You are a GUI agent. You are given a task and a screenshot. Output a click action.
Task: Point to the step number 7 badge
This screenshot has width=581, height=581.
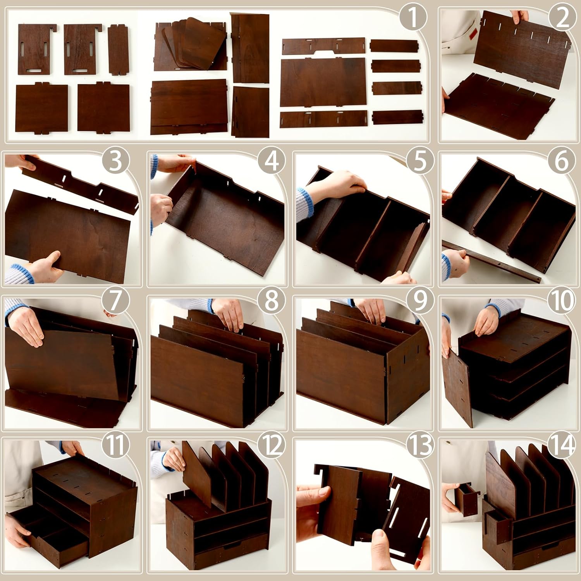coord(115,301)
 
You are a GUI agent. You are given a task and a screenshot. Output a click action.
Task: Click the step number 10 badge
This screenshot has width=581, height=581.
coord(561,301)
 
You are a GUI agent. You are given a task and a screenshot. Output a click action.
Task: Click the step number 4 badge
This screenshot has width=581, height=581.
coord(271,161)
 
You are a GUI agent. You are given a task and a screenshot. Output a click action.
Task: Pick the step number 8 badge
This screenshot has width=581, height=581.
coord(271,301)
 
